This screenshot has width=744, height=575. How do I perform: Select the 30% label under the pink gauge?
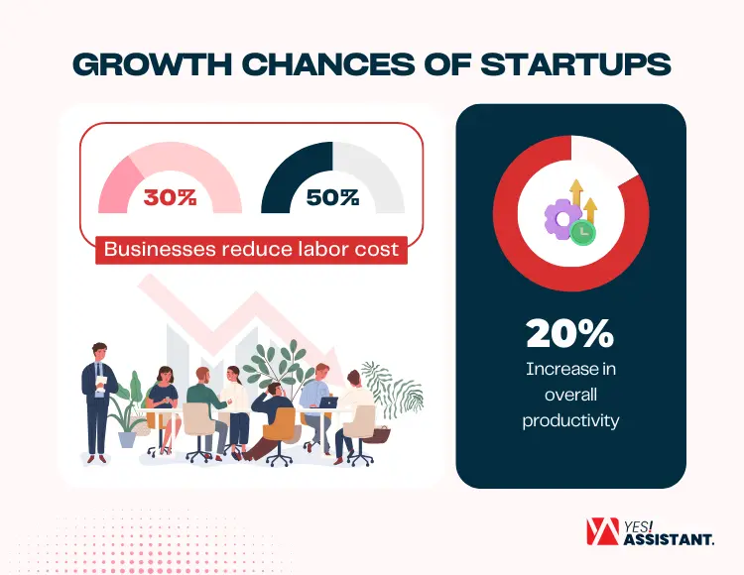[x=170, y=197]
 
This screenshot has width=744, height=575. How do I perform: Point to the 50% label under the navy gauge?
[x=332, y=197]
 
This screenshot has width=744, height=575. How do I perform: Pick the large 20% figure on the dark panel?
[x=570, y=334]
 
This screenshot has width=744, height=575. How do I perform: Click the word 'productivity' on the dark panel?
[x=570, y=420]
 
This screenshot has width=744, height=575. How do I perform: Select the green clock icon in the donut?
[x=583, y=231]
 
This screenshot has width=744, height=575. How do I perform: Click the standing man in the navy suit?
[x=100, y=397]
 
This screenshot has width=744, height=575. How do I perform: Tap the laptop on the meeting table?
[x=328, y=402]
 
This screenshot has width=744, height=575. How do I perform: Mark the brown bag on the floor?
[x=381, y=433]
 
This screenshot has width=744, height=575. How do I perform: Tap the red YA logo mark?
[x=599, y=533]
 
